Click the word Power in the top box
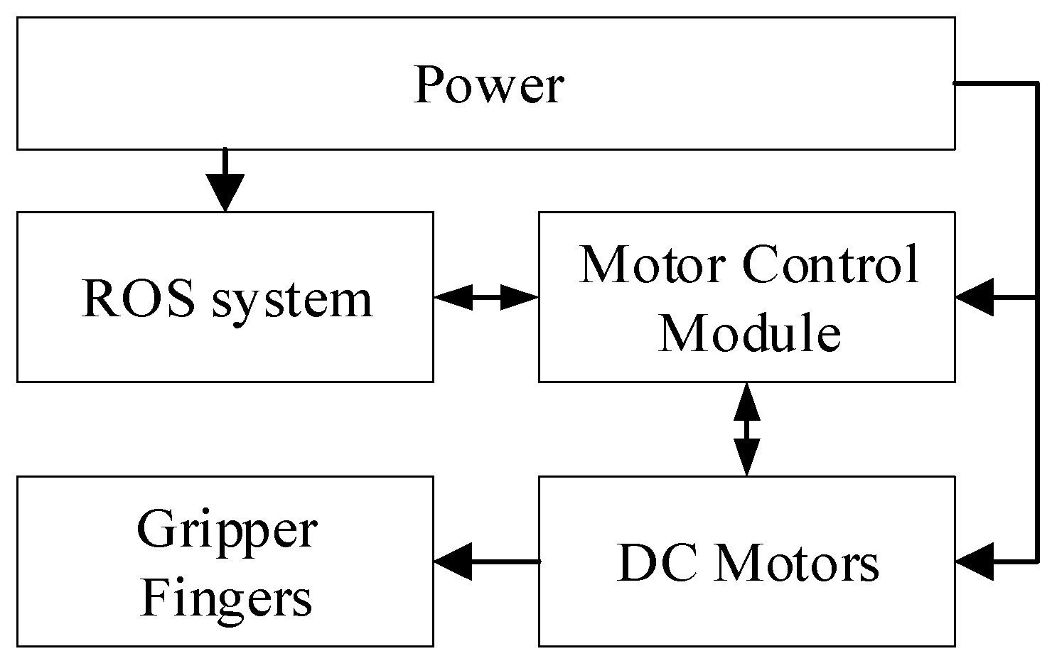[x=488, y=85]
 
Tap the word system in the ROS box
[x=292, y=300]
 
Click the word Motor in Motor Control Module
[x=653, y=264]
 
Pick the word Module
[x=749, y=332]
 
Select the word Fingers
[x=226, y=598]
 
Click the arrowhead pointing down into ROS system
[x=225, y=193]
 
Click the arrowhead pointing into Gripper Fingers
[x=453, y=561]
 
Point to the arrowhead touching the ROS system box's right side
[x=453, y=297]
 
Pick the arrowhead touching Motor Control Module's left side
[x=520, y=297]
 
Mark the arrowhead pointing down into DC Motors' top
[x=746, y=458]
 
